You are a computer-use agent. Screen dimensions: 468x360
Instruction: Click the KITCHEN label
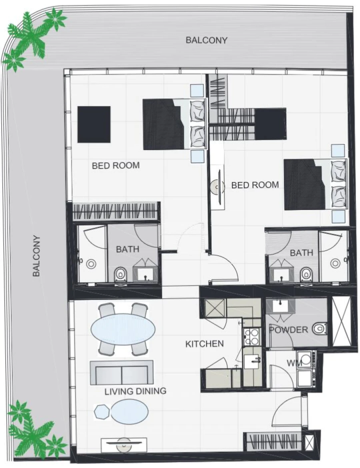204,344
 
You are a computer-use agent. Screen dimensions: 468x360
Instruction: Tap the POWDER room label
288,330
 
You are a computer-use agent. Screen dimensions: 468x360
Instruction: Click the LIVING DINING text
135,391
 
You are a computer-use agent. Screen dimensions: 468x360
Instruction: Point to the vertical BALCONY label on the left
37,256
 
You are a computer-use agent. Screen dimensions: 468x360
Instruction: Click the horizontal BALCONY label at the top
206,40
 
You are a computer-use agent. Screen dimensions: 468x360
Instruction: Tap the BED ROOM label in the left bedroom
116,165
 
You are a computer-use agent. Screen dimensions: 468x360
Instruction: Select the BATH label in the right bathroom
301,253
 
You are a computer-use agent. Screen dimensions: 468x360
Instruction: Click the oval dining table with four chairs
123,329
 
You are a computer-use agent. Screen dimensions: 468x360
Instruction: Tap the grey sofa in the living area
122,372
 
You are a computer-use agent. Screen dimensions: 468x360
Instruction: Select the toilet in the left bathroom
120,274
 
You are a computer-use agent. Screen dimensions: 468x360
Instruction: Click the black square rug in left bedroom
94,124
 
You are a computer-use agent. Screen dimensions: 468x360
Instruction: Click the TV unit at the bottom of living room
124,444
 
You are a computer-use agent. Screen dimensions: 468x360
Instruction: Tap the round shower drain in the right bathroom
335,263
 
